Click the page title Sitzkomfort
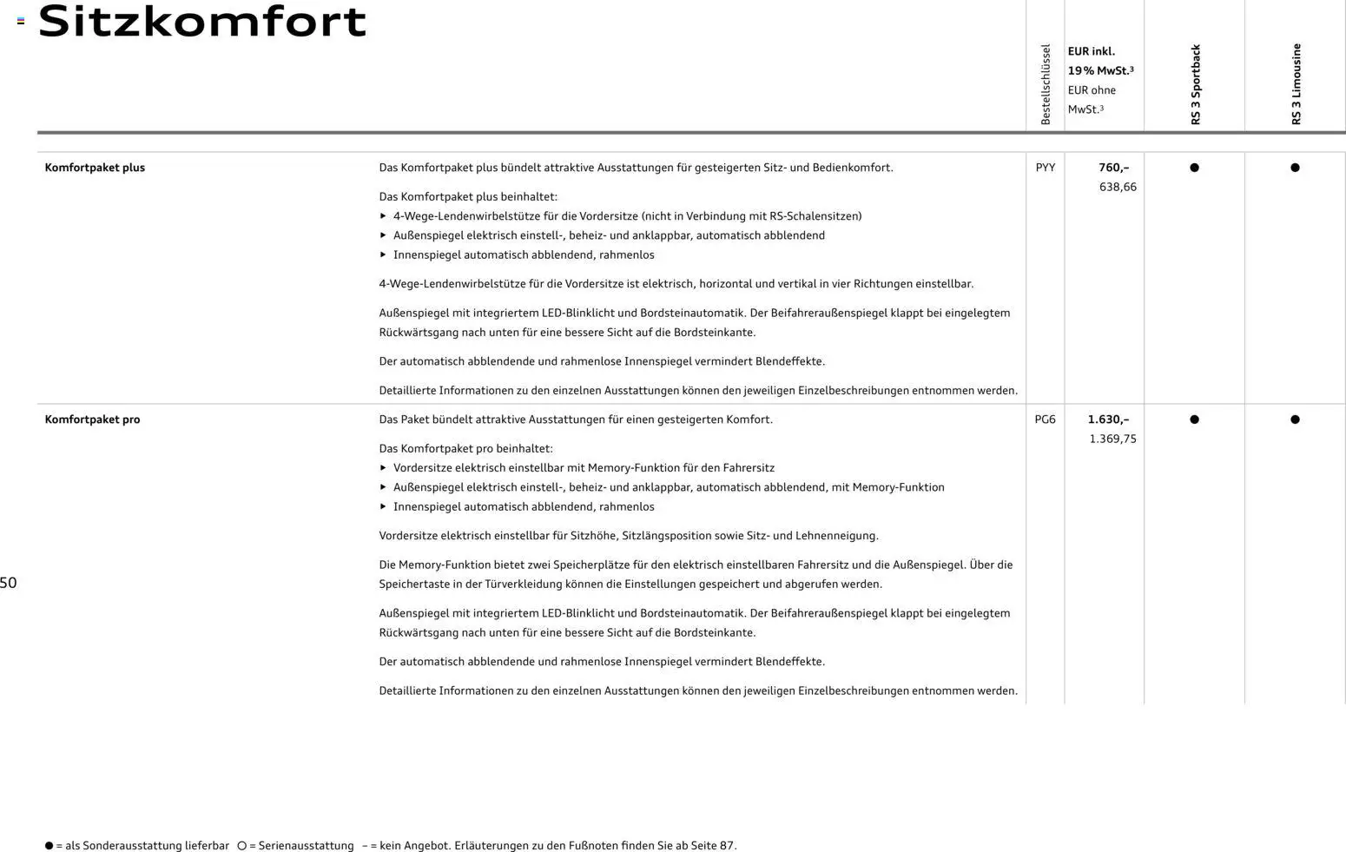(202, 22)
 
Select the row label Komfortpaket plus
(95, 168)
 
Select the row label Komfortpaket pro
(92, 419)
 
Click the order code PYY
(1046, 168)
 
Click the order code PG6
(1046, 419)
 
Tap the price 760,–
(1113, 168)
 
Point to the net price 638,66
(1118, 187)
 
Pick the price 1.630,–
(1108, 419)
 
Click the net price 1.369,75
(1112, 439)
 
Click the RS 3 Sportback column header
(1195, 85)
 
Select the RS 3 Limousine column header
(1296, 84)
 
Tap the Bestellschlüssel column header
(1046, 84)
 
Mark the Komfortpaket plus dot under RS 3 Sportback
(1194, 168)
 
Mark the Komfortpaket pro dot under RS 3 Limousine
(1295, 419)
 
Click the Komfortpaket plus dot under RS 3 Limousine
(1295, 168)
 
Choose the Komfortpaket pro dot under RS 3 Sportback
(1194, 419)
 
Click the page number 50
(9, 583)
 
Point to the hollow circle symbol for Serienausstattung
(242, 845)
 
